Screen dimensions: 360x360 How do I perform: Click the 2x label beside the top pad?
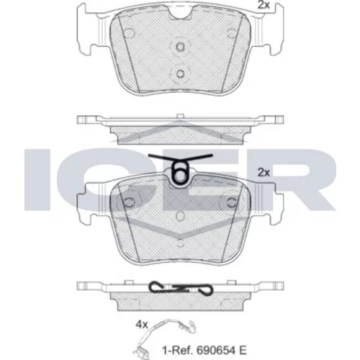click(264, 5)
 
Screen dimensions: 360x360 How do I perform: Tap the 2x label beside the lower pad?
click(264, 172)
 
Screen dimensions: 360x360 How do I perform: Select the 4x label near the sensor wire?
click(142, 325)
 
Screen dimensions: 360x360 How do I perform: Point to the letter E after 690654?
click(243, 351)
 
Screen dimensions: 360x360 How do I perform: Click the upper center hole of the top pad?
click(180, 46)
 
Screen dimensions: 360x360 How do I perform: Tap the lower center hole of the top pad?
click(180, 73)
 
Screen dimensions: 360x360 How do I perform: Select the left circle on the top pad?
click(130, 34)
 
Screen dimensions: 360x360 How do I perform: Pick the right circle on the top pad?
click(232, 33)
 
